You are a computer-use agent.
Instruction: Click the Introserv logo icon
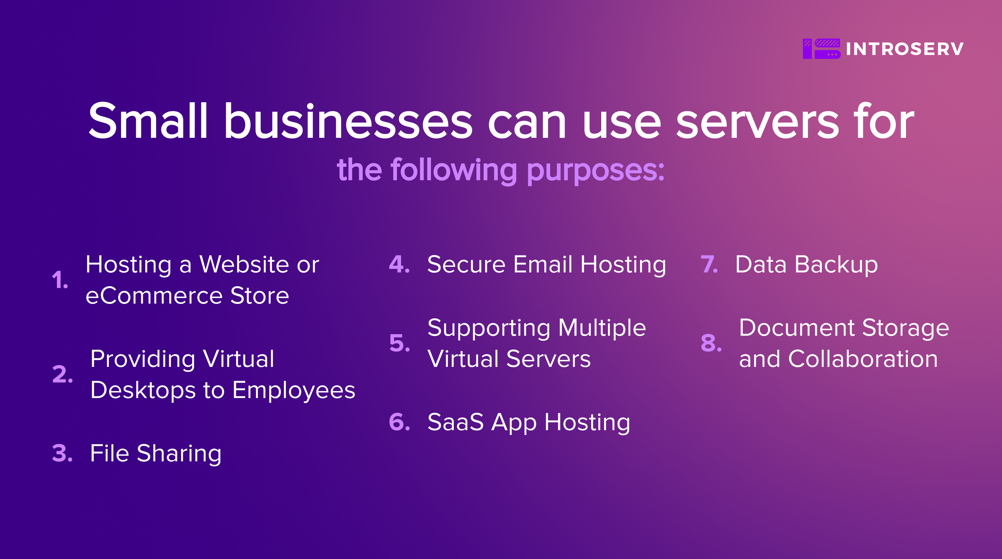click(822, 49)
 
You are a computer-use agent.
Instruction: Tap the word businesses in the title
click(348, 121)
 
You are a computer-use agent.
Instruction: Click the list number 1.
click(60, 280)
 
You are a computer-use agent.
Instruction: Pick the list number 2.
click(62, 374)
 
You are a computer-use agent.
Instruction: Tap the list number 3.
click(62, 453)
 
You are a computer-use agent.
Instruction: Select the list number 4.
click(400, 264)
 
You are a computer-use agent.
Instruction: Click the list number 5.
click(400, 343)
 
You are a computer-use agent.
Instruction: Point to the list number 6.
click(400, 422)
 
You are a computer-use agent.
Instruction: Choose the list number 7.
click(709, 264)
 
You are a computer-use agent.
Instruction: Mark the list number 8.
click(711, 343)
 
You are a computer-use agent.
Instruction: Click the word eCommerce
click(153, 296)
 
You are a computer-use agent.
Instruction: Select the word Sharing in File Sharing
click(179, 454)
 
